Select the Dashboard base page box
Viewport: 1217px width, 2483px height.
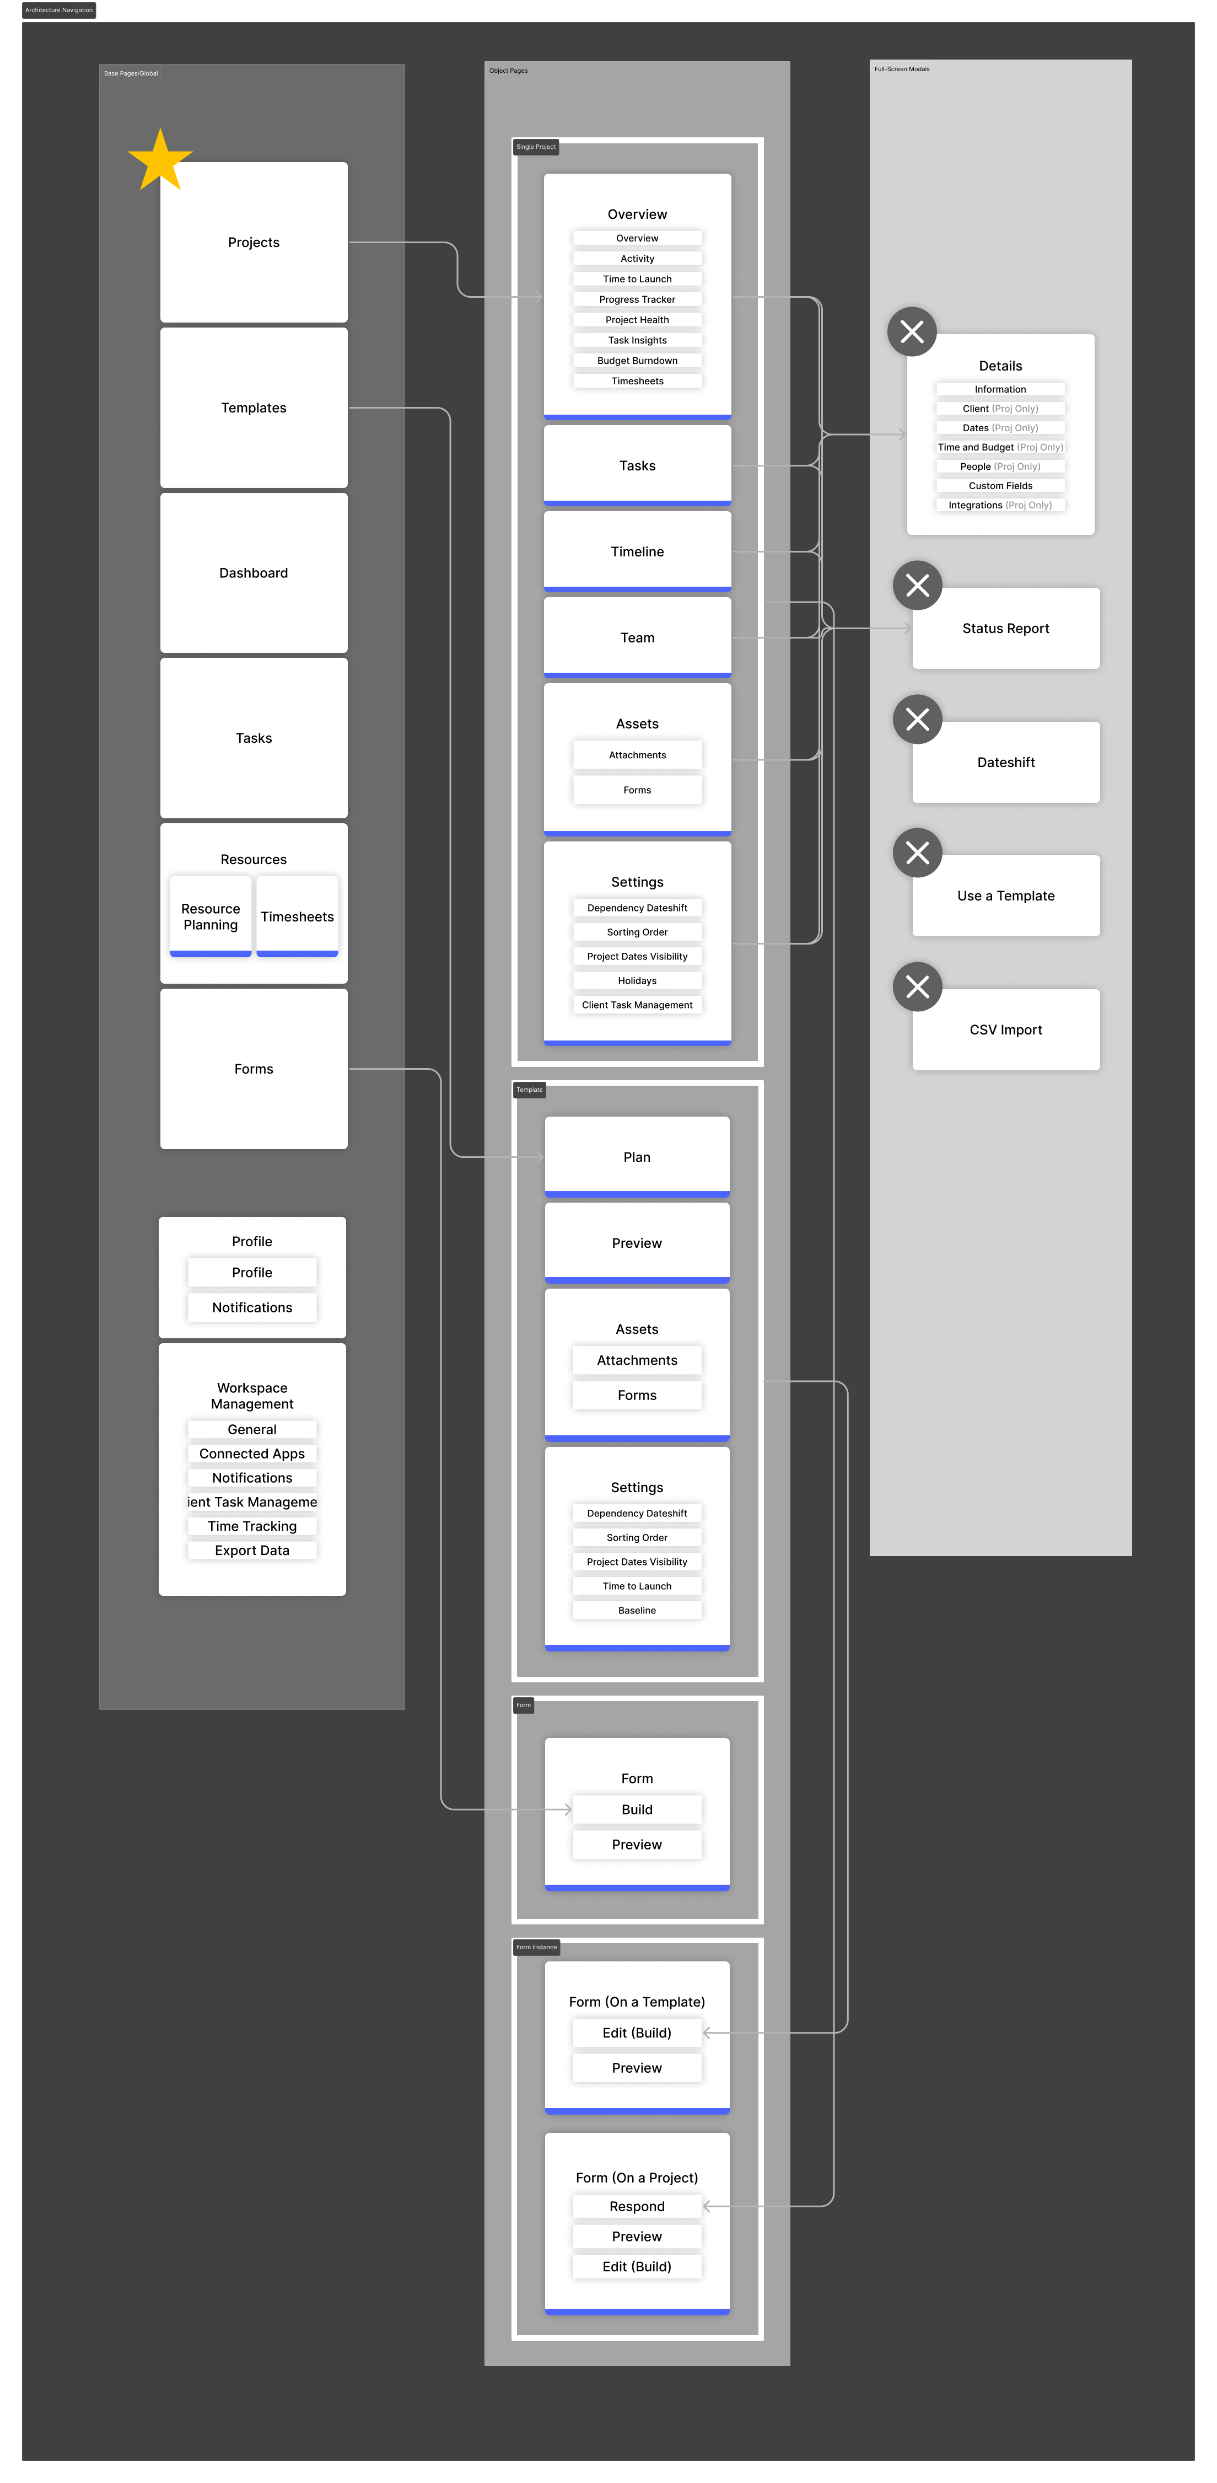pos(254,572)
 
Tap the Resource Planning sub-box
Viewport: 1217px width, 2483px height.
pos(210,916)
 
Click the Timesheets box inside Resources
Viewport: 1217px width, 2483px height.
pos(297,916)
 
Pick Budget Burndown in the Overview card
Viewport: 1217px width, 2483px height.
pos(637,361)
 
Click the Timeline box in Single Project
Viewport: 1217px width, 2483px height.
pos(637,551)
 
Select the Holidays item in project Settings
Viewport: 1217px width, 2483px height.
pos(637,980)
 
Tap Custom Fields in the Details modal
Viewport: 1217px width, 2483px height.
pos(1000,486)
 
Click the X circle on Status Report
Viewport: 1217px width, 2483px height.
pos(917,585)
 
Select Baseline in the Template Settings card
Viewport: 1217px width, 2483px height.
pos(637,1610)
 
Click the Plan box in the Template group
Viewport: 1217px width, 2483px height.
pos(637,1157)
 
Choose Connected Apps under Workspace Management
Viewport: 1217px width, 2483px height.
pos(251,1454)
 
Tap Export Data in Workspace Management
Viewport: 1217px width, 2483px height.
pos(251,1550)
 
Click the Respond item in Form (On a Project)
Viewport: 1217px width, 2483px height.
pos(637,2206)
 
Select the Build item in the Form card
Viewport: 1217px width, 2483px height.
pos(637,1809)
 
